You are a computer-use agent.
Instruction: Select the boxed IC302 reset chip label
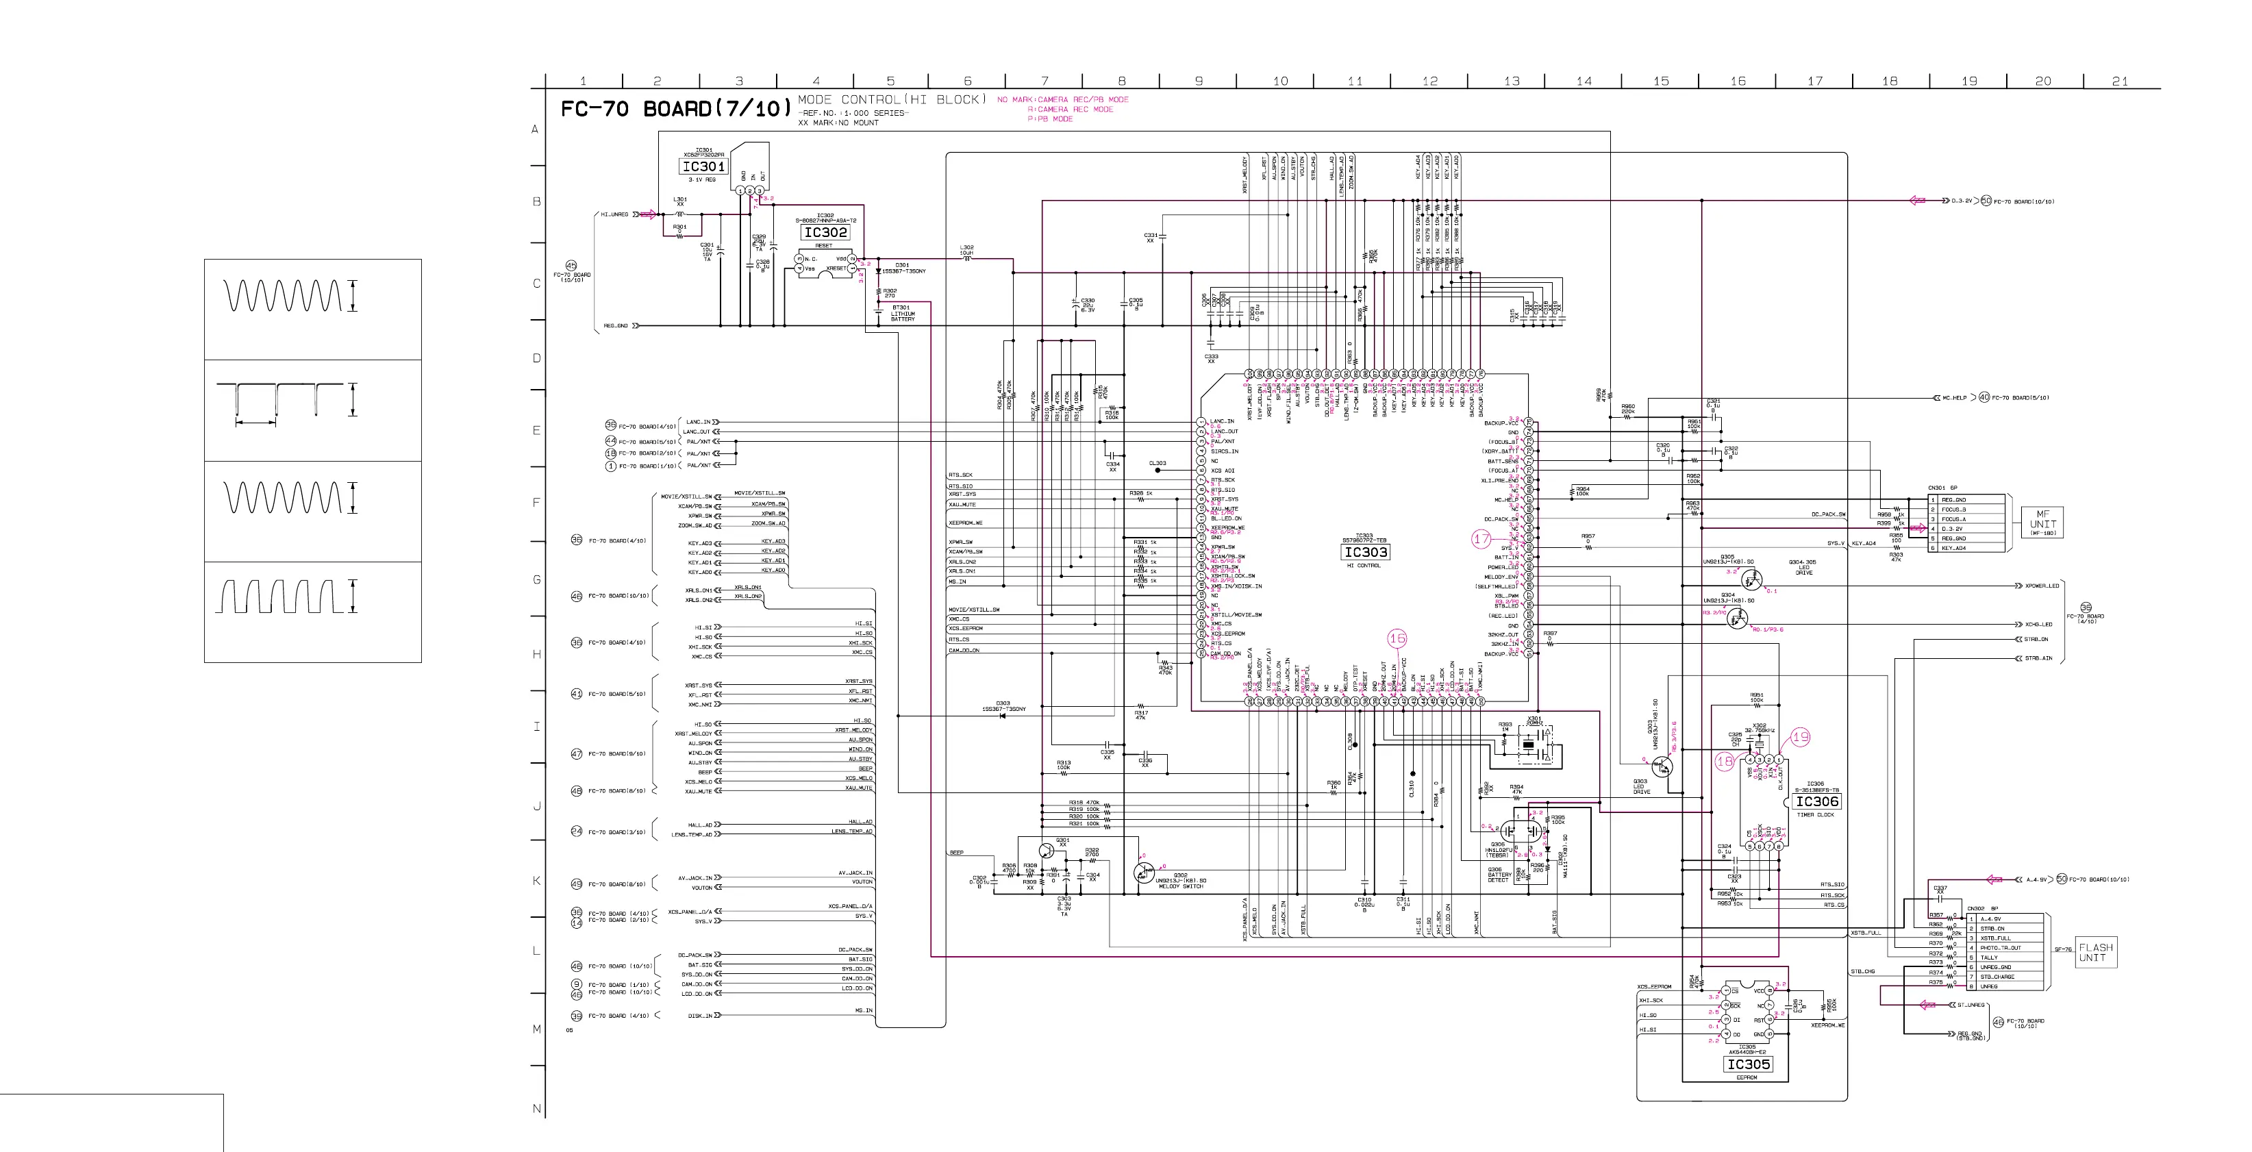tap(825, 232)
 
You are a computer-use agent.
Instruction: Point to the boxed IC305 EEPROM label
tap(1749, 1064)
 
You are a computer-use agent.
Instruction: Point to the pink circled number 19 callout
tap(1801, 738)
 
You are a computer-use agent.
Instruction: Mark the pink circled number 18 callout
tap(1725, 762)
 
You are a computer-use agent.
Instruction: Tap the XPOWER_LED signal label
tap(2042, 586)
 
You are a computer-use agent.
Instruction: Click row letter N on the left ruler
tap(537, 1109)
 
